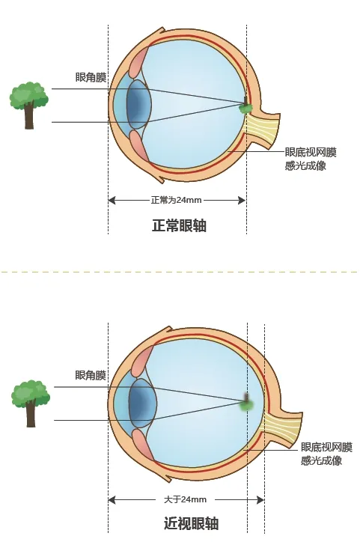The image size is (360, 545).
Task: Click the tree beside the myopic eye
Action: pos(31,404)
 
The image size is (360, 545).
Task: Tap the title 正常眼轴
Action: pos(180,225)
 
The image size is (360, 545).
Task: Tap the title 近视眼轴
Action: pos(191,523)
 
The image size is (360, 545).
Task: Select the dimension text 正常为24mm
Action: pos(176,200)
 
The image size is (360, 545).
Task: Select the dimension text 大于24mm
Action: pos(185,499)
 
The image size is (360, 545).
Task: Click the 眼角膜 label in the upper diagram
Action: pos(91,77)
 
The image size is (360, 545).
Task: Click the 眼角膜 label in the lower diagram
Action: pos(91,375)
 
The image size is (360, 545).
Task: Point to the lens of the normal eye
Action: pos(138,105)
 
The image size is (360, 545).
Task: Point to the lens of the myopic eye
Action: pos(141,403)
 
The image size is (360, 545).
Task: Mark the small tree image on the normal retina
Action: pos(245,106)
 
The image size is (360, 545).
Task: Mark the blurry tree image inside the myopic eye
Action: pos(248,403)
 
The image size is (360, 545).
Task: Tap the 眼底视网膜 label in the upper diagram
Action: pos(311,152)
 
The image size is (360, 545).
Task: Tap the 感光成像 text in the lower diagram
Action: pos(321,460)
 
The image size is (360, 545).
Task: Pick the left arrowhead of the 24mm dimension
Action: pos(112,200)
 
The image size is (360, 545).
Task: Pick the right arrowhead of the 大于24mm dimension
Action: pos(260,500)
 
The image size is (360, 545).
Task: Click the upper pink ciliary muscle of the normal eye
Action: pos(139,63)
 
